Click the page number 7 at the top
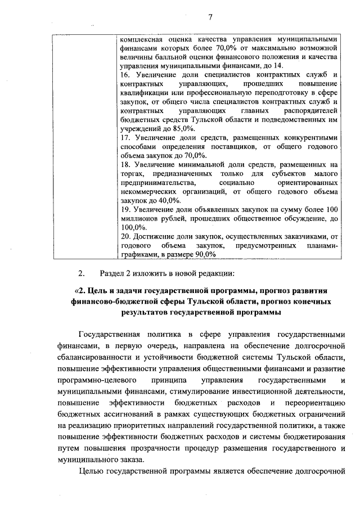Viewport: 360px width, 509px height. [209, 16]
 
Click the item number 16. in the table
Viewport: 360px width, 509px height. [126, 75]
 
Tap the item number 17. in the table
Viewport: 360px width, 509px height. [126, 137]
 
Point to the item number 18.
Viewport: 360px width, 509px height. [126, 164]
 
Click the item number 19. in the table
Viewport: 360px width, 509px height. [126, 209]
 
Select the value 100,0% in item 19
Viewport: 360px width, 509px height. [133, 227]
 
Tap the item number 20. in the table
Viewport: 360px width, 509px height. [126, 236]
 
